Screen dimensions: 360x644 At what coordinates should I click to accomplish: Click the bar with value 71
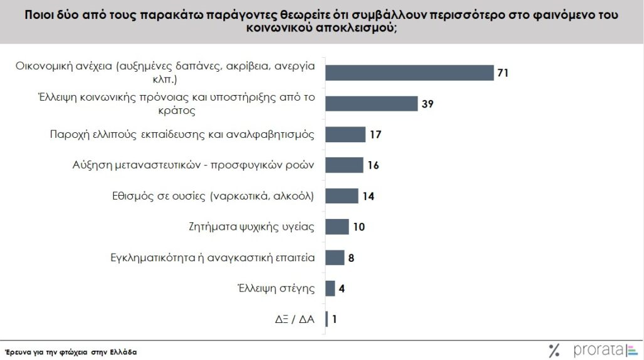pyautogui.click(x=409, y=73)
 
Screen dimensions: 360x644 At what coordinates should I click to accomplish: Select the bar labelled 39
pyautogui.click(x=371, y=104)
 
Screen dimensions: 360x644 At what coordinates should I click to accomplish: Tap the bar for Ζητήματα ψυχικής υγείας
pyautogui.click(x=336, y=227)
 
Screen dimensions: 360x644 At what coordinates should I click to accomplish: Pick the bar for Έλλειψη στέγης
pyautogui.click(x=330, y=288)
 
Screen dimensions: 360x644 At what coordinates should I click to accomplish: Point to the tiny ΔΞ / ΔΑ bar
pyautogui.click(x=326, y=319)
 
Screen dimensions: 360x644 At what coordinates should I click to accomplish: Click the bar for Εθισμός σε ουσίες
pyautogui.click(x=341, y=196)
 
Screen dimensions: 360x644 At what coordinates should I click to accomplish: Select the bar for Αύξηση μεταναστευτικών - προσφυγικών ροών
pyautogui.click(x=344, y=165)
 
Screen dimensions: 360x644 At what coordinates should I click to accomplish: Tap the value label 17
pyautogui.click(x=376, y=135)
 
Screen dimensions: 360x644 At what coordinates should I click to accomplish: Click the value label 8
pyautogui.click(x=352, y=257)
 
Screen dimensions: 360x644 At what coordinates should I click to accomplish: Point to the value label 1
pyautogui.click(x=335, y=319)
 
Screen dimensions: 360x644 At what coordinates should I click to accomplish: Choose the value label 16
pyautogui.click(x=373, y=166)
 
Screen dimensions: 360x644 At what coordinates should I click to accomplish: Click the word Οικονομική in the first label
pyautogui.click(x=49, y=67)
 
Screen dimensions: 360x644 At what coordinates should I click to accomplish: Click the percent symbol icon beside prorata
pyautogui.click(x=554, y=350)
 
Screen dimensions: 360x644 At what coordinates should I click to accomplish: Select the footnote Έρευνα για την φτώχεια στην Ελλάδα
pyautogui.click(x=70, y=352)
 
